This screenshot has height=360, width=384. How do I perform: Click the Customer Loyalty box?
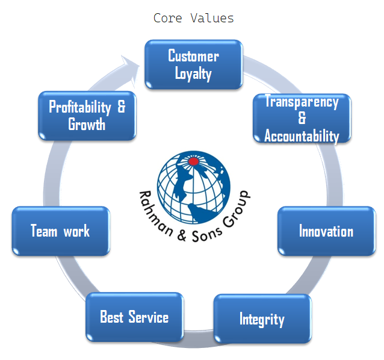[193, 64]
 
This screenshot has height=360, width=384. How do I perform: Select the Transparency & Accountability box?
[302, 118]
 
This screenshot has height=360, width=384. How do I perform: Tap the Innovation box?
[326, 231]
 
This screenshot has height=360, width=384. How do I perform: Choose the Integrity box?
[262, 318]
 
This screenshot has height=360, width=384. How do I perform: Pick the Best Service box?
[134, 317]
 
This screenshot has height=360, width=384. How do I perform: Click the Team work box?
[60, 231]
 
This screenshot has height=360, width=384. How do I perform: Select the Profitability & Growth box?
[87, 116]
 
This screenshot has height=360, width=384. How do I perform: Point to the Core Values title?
[193, 18]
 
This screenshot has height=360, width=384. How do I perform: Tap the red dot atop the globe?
[194, 161]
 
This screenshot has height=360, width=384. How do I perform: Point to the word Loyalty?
[193, 74]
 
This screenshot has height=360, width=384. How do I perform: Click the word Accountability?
[302, 136]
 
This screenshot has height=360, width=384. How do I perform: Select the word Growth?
[87, 125]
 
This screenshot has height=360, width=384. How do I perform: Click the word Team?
[44, 231]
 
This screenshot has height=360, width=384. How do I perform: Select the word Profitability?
[80, 107]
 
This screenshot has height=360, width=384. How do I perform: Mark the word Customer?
[193, 57]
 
